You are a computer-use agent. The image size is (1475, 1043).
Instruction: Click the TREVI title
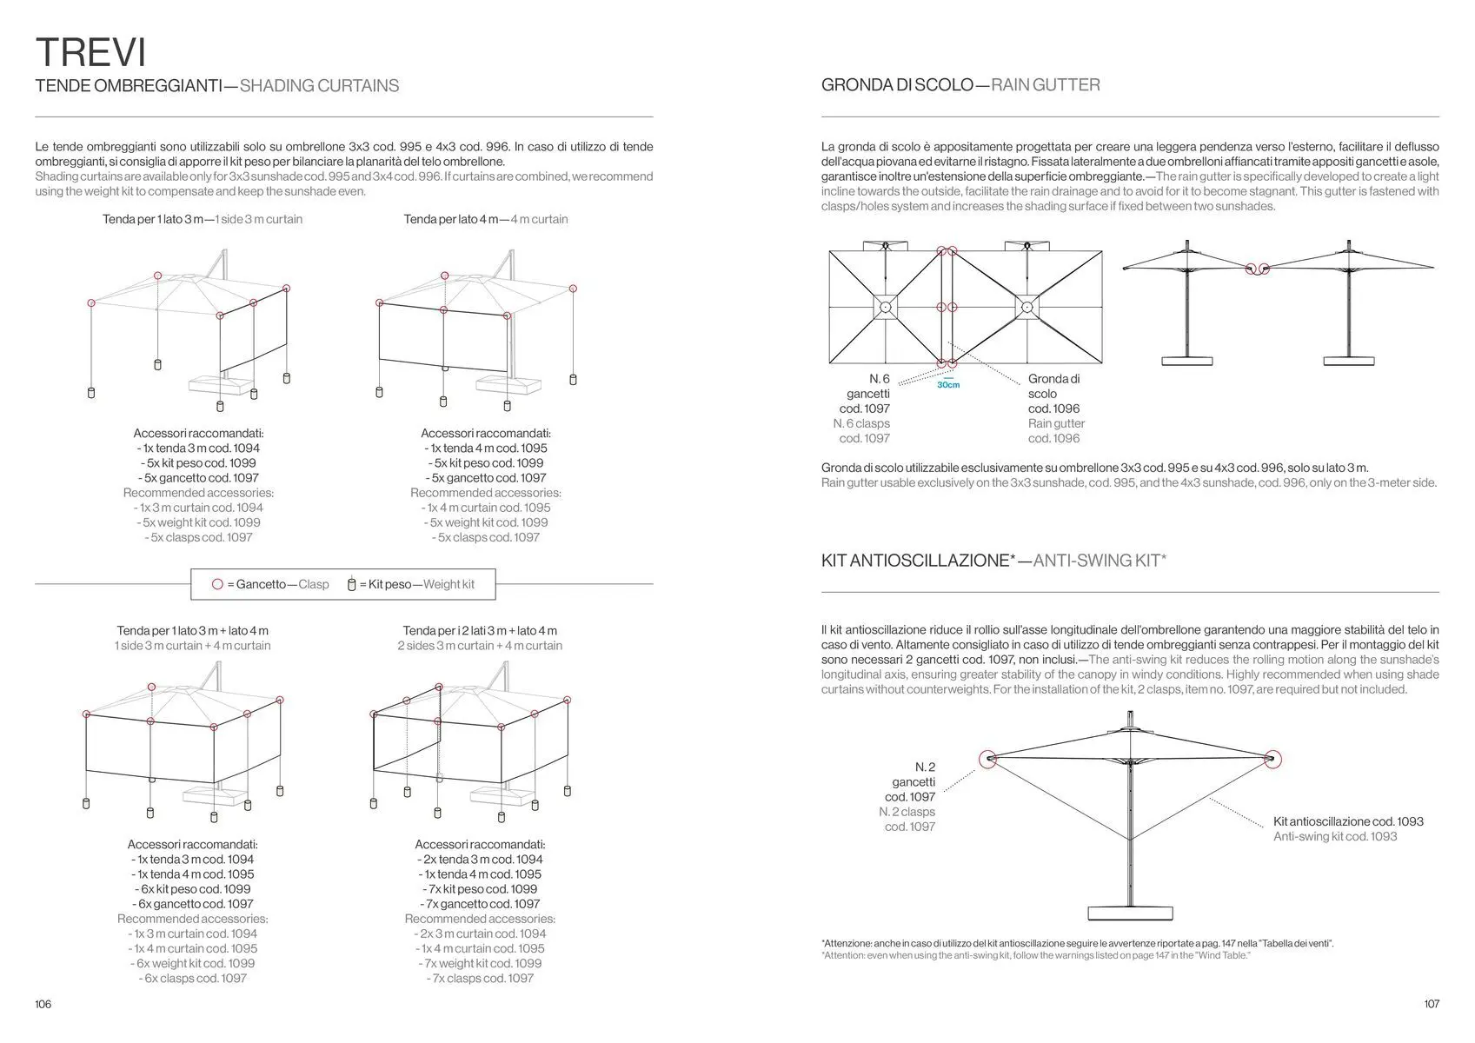coord(90,52)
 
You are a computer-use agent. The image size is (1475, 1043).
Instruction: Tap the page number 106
coord(43,1004)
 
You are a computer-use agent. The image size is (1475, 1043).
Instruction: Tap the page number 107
coord(1432,1004)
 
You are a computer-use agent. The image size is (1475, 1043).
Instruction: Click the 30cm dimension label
coord(948,384)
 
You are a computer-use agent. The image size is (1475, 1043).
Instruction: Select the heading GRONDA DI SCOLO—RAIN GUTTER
coord(960,85)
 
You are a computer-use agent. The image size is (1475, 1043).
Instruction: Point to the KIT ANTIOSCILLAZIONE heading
coord(993,561)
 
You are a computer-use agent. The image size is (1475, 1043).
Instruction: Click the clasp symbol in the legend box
coord(217,584)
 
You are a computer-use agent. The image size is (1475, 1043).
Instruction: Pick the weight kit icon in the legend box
coord(352,584)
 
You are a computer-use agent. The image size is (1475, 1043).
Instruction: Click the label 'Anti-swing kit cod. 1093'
coord(1335,836)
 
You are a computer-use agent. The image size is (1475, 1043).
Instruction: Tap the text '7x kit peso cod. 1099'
coord(480,889)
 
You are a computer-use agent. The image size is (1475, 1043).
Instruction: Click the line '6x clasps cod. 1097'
coord(193,978)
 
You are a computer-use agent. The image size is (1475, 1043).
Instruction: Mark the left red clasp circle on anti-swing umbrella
coord(987,760)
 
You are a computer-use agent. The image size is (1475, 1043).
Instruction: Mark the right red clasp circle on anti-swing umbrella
coord(1272,760)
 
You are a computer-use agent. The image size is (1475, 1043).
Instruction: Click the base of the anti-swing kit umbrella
coord(1129,911)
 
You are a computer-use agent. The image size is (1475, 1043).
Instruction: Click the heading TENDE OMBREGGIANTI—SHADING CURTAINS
coord(217,86)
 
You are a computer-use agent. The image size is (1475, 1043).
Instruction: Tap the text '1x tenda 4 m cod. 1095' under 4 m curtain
coord(486,448)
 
